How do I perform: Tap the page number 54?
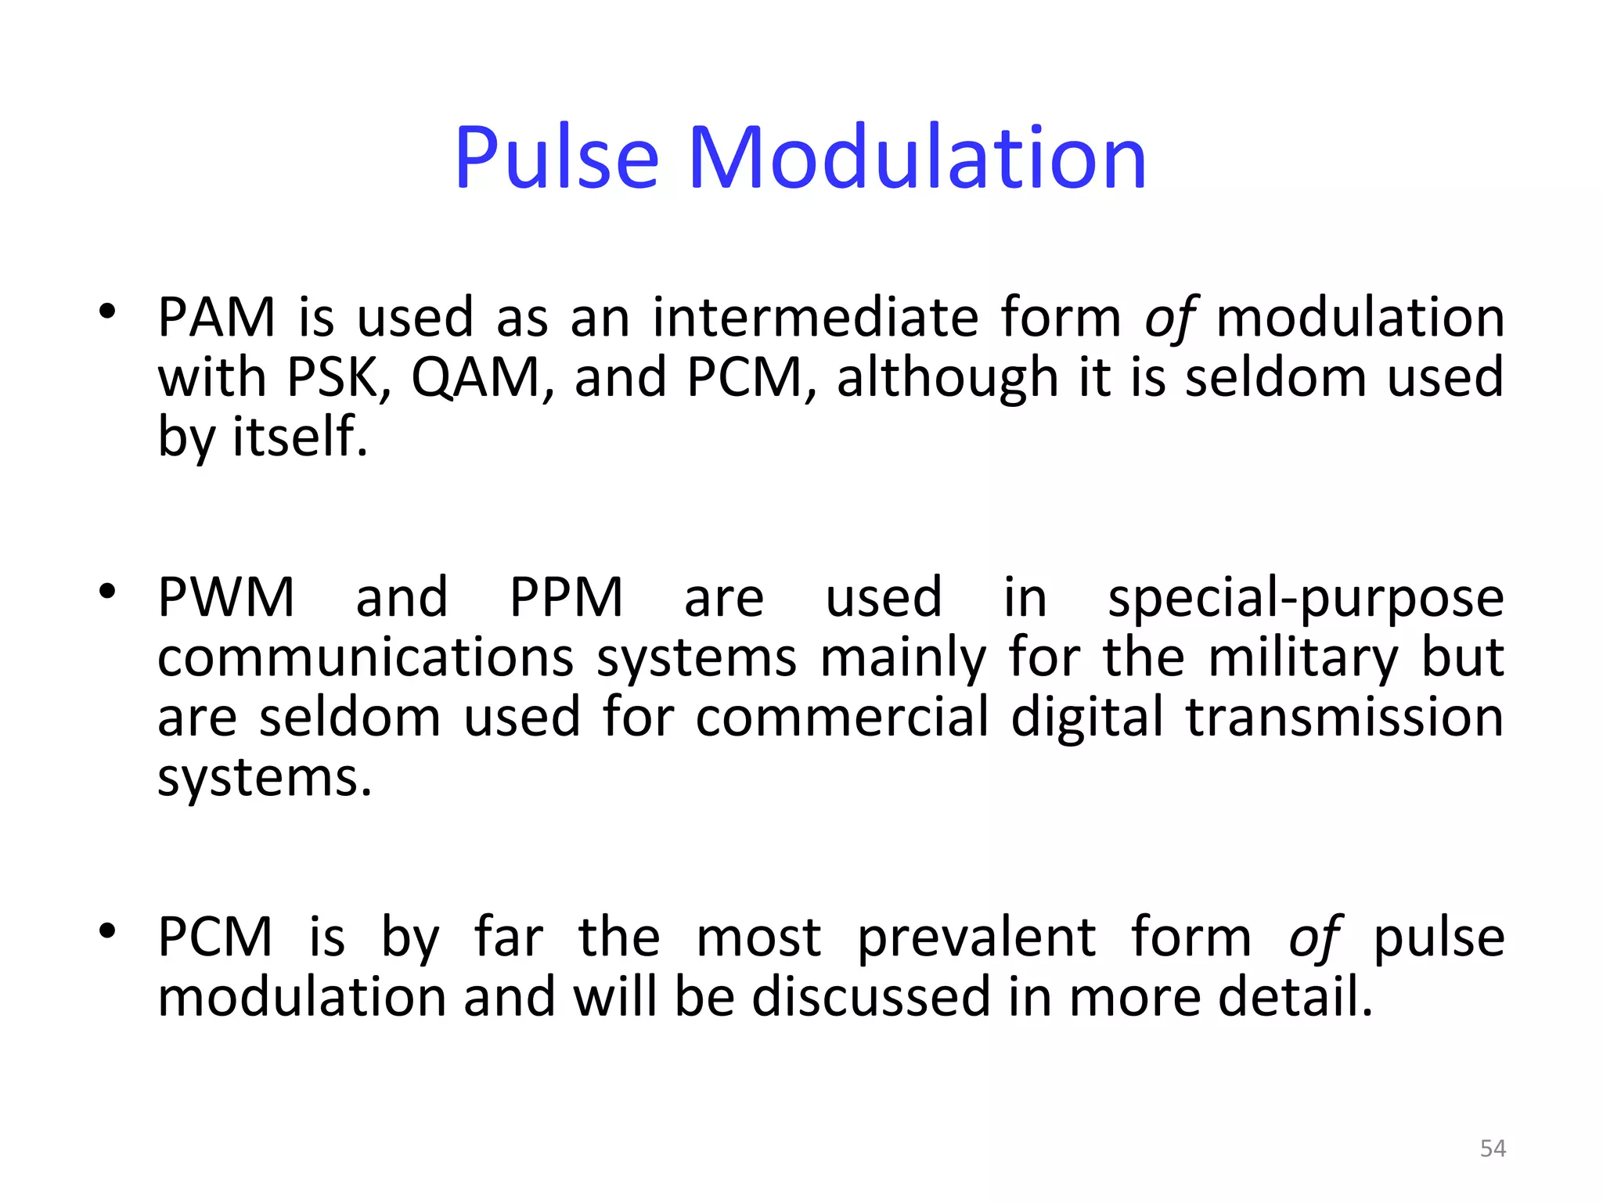1493,1148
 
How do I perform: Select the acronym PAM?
216,318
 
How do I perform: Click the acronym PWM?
226,598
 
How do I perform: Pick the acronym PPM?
566,598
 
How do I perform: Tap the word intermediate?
815,318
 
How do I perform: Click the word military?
1302,658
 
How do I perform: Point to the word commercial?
841,718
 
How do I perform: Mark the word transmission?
1344,718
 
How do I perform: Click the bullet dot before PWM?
108,591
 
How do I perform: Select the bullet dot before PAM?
108,311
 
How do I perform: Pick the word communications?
366,658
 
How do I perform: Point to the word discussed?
871,997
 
